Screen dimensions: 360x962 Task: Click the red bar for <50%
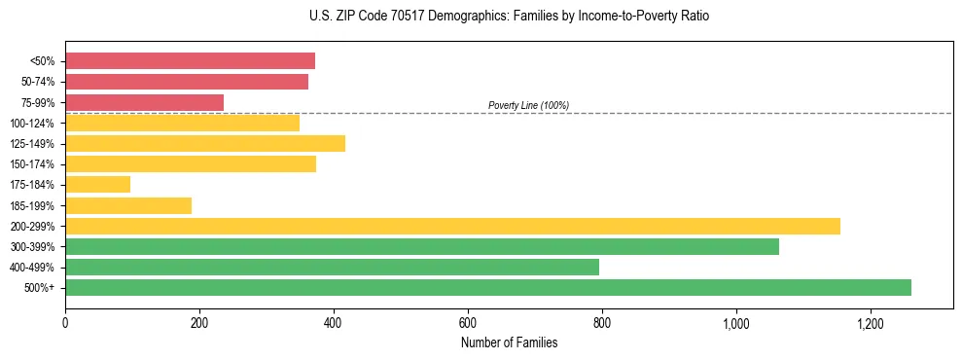pyautogui.click(x=190, y=61)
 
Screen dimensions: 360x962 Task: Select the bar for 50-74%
pyautogui.click(x=187, y=82)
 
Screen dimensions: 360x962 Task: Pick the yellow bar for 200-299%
pyautogui.click(x=452, y=226)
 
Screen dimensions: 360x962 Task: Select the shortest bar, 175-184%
pyautogui.click(x=97, y=184)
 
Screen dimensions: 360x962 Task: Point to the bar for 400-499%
pyautogui.click(x=332, y=267)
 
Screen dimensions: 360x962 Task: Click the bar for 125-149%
pyautogui.click(x=205, y=143)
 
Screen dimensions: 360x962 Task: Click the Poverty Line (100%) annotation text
pyautogui.click(x=528, y=105)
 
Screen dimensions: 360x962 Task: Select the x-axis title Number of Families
pyautogui.click(x=509, y=342)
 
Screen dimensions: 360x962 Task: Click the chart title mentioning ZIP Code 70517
pyautogui.click(x=509, y=17)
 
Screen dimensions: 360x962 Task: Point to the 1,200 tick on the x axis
pyautogui.click(x=871, y=322)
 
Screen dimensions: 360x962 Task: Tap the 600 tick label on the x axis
pyautogui.click(x=468, y=322)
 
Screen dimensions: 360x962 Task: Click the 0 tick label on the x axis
pyautogui.click(x=65, y=322)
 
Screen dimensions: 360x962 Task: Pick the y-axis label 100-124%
pyautogui.click(x=32, y=123)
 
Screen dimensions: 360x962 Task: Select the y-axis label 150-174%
pyautogui.click(x=32, y=164)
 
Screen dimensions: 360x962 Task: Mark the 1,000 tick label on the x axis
pyautogui.click(x=736, y=322)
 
